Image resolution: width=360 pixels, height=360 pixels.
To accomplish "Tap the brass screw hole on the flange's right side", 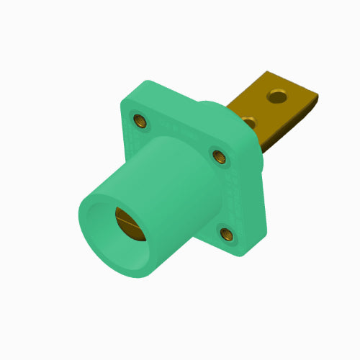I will tap(218, 154).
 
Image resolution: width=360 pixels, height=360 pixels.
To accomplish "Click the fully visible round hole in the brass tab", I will tap(277, 94).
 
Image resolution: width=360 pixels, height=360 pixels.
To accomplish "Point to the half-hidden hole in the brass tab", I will tap(248, 120).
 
